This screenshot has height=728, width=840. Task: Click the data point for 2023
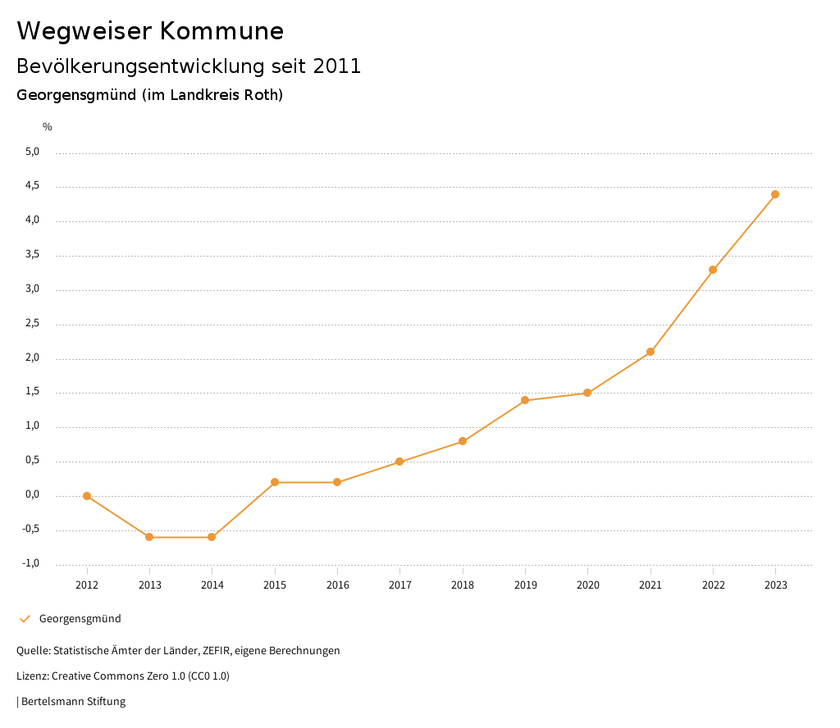[x=775, y=194]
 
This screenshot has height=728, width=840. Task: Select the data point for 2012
[x=87, y=496]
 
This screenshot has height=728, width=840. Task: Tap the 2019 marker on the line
[x=525, y=400]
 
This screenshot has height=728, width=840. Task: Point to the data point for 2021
[x=651, y=352]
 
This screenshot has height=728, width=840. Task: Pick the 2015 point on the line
[x=275, y=482]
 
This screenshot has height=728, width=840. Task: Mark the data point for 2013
[x=149, y=537]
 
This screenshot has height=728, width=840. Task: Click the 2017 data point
[x=399, y=462]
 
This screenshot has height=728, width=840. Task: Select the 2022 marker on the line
[x=713, y=270]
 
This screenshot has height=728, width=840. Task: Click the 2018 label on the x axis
[x=463, y=585]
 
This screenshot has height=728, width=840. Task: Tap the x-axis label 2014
[x=212, y=585]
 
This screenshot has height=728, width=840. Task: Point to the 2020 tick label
[x=587, y=585]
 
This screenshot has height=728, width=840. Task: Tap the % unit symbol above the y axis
[x=48, y=126]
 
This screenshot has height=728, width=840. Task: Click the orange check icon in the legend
[x=25, y=619]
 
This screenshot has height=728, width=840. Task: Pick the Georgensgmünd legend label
[x=80, y=619]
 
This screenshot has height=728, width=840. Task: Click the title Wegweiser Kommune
[x=150, y=31]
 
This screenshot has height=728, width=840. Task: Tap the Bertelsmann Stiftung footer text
[x=73, y=702]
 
